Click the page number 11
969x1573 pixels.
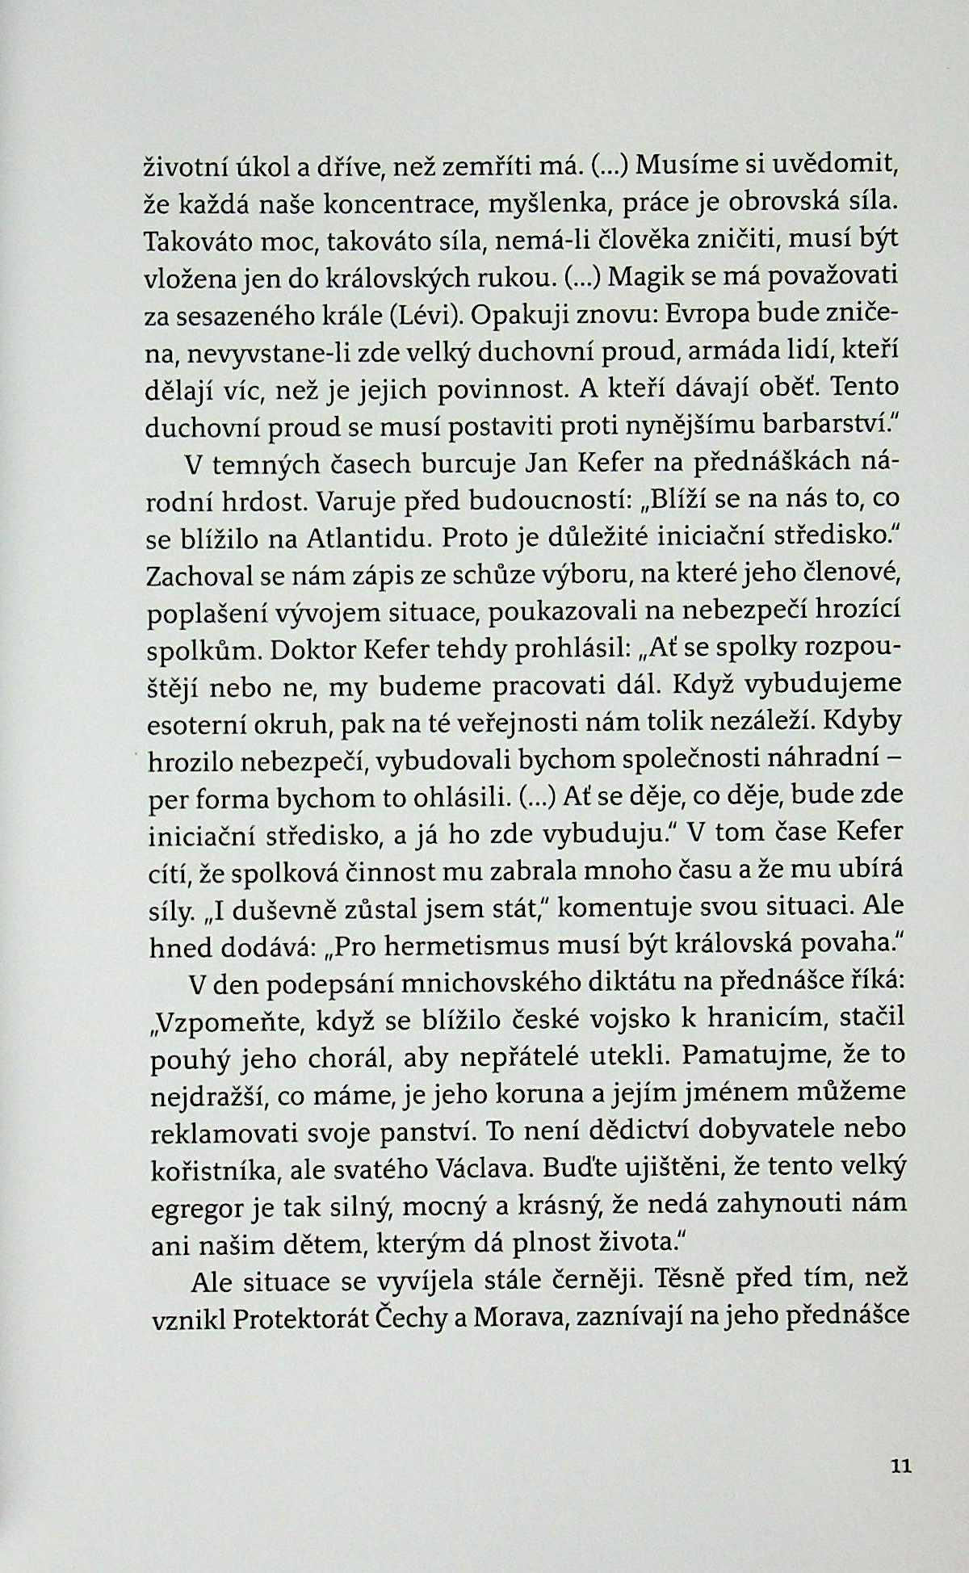tap(900, 1465)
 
